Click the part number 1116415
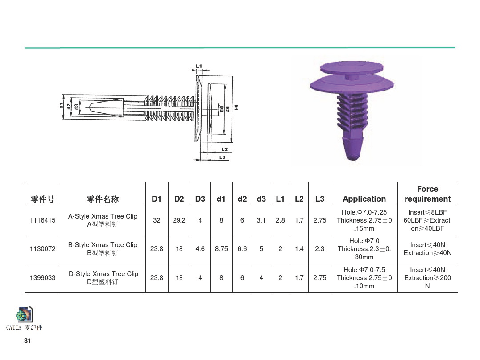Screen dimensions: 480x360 pyautogui.click(x=42, y=220)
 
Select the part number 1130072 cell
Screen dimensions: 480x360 pyautogui.click(x=42, y=249)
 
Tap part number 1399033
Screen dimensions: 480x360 pyautogui.click(x=42, y=278)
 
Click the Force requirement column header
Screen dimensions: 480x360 pyautogui.click(x=427, y=194)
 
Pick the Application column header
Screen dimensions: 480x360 pyautogui.click(x=364, y=199)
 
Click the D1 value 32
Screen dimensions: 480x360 pyautogui.click(x=157, y=220)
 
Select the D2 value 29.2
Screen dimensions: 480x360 pyautogui.click(x=179, y=220)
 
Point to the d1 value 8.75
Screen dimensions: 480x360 pyautogui.click(x=221, y=249)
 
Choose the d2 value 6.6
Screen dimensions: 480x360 pyautogui.click(x=242, y=249)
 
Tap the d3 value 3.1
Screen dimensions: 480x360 pyautogui.click(x=261, y=220)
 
